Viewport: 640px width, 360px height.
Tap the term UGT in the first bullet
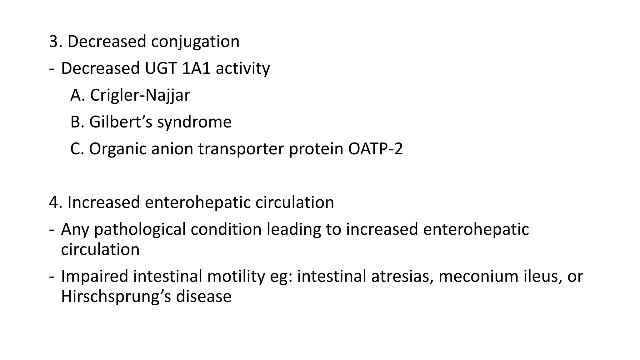pyautogui.click(x=157, y=68)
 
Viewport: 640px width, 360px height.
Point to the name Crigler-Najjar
pyautogui.click(x=140, y=95)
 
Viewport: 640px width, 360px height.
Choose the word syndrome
pyautogui.click(x=194, y=122)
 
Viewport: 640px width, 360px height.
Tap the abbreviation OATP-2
pyautogui.click(x=375, y=149)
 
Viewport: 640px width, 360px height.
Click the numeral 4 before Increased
pyautogui.click(x=53, y=202)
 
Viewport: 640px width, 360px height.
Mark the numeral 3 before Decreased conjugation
pyautogui.click(x=53, y=42)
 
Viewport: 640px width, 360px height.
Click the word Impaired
pyautogui.click(x=94, y=277)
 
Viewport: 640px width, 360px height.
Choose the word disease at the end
pyautogui.click(x=204, y=296)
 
